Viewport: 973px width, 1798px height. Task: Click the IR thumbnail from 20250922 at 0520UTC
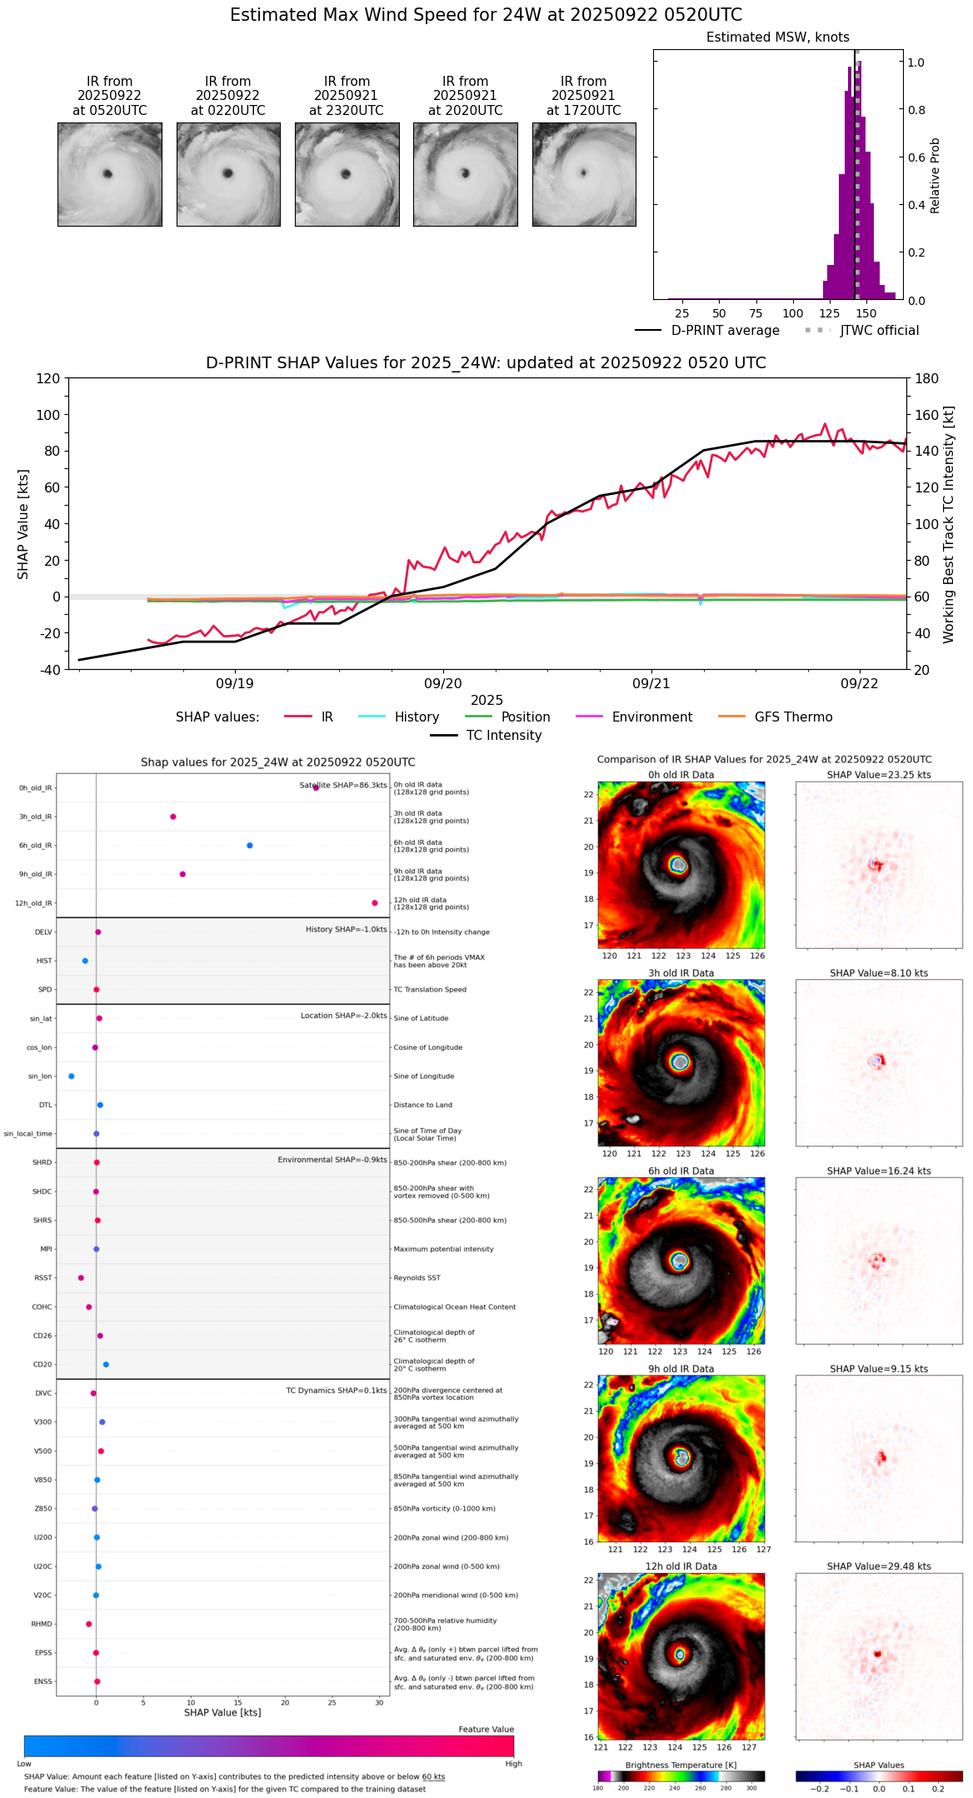[109, 174]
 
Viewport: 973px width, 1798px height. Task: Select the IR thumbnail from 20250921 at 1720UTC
[583, 174]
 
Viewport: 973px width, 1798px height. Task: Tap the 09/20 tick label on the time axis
[442, 683]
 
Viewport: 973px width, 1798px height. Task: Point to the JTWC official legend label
[879, 330]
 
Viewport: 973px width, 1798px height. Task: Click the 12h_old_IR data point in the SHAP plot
[375, 902]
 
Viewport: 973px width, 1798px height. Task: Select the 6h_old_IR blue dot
[250, 845]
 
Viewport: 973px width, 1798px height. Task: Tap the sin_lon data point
[72, 1076]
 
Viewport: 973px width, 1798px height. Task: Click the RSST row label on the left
[42, 1277]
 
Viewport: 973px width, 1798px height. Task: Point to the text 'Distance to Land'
[422, 1105]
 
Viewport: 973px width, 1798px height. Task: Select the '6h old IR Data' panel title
[681, 1171]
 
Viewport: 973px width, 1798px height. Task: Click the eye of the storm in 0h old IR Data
[679, 865]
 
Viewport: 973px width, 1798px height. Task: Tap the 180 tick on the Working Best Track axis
[926, 378]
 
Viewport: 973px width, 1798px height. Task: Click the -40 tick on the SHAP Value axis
[49, 669]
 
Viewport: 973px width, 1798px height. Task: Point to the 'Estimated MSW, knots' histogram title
[777, 37]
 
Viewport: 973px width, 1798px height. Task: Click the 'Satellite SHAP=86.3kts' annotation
[343, 785]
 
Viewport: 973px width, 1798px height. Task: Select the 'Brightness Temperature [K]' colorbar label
[681, 1765]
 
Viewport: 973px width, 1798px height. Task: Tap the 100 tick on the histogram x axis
[792, 313]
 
